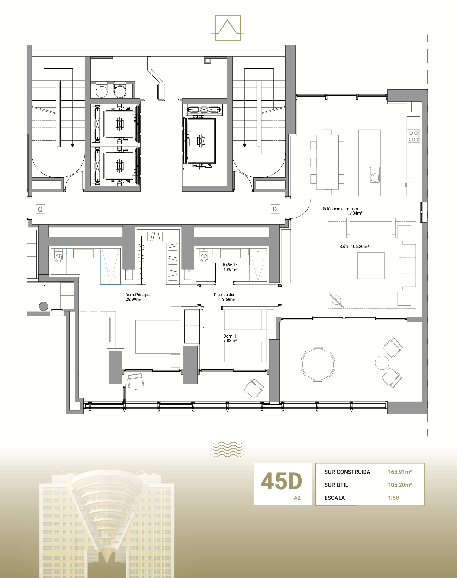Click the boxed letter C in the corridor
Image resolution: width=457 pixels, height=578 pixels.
click(x=41, y=209)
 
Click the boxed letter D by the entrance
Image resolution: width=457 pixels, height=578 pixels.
click(x=275, y=209)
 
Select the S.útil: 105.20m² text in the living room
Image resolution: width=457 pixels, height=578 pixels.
click(x=354, y=246)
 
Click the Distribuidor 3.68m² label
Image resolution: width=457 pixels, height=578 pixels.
click(x=225, y=297)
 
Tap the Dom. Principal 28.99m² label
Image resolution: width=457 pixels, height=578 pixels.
click(x=138, y=297)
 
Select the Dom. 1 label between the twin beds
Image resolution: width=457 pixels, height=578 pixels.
click(x=230, y=338)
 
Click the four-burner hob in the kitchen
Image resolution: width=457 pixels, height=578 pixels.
click(x=413, y=136)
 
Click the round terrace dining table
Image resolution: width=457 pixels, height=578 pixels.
click(x=318, y=364)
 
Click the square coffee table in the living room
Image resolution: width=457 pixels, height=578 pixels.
click(x=371, y=266)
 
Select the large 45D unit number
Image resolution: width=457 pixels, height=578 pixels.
click(x=281, y=482)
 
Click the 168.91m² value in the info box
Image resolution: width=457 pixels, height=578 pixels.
click(x=400, y=472)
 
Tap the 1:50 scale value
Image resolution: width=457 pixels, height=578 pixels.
click(x=393, y=498)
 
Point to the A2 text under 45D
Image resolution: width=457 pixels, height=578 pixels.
click(x=297, y=498)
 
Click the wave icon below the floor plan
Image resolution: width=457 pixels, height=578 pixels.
click(x=228, y=449)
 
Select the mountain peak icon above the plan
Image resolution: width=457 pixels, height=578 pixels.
click(x=228, y=28)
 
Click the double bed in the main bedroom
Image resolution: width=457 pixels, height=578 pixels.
click(x=158, y=337)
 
